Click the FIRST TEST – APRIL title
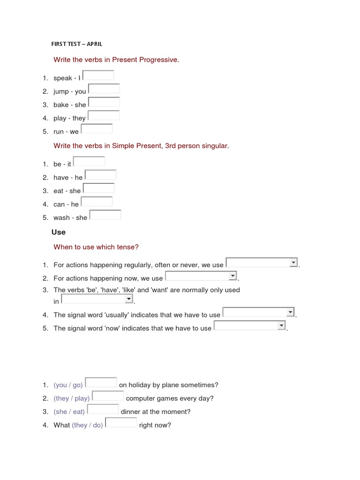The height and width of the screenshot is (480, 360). point(76,44)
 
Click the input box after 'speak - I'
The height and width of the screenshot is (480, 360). point(98,75)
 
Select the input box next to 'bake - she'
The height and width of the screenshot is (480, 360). point(104,102)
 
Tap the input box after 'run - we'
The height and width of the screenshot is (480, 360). point(97,129)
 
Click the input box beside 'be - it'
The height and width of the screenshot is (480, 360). point(89,162)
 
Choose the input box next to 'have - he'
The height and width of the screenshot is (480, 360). point(100,175)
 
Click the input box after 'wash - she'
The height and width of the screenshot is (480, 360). point(105,215)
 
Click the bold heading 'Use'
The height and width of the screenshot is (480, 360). point(59,232)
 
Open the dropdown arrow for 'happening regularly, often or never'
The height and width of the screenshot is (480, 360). point(293,262)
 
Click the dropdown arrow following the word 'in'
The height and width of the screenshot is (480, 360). point(128,299)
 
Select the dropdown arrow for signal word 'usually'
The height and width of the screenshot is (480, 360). point(290,312)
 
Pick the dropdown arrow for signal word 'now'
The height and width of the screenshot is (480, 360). point(281,325)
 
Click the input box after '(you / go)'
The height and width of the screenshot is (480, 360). point(101,382)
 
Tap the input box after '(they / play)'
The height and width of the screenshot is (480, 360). point(108,396)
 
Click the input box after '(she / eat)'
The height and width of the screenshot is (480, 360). point(103,409)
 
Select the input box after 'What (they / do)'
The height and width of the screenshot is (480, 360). point(121,423)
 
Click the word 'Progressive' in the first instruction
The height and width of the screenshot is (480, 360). point(158,60)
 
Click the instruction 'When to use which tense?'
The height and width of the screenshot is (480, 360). point(96,247)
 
